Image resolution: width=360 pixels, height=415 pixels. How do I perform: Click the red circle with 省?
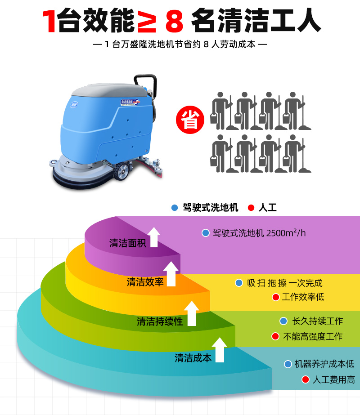click(190, 120)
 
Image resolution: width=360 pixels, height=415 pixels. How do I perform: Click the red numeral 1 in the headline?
click(49, 21)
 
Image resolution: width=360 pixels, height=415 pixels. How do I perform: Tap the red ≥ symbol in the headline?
click(147, 21)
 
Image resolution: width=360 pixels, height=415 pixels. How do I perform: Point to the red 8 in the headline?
click(174, 21)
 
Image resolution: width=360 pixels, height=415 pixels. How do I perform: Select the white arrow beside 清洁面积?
click(154, 237)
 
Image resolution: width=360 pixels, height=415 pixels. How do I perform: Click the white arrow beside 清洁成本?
click(219, 350)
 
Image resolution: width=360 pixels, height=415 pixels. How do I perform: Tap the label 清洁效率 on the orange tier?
click(145, 282)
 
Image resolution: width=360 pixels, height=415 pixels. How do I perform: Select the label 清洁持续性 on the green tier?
click(160, 321)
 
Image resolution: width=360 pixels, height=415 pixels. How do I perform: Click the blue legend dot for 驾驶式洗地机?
click(175, 208)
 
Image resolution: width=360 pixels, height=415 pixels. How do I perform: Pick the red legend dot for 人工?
click(251, 208)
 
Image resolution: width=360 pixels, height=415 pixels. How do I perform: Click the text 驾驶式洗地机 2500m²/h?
click(259, 233)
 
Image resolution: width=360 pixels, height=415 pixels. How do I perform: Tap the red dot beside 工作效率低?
click(276, 297)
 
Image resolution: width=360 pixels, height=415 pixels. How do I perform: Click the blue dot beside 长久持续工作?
click(283, 321)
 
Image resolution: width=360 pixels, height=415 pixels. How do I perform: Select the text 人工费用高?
click(334, 380)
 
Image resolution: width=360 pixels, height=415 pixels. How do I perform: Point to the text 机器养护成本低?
click(324, 364)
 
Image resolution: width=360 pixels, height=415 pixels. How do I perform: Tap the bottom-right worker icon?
click(297, 153)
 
